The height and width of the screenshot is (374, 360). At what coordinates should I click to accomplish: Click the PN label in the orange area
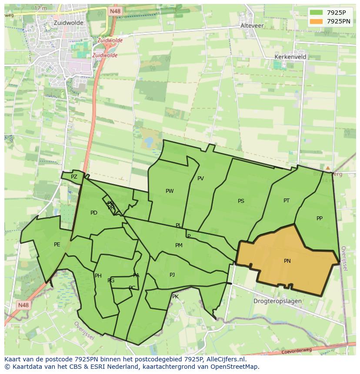[x=287, y=261]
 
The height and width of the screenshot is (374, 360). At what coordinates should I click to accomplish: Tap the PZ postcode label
[x=74, y=177]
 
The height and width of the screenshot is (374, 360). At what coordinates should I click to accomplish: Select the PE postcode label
[x=57, y=245]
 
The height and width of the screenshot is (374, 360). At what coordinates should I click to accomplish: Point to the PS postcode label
[x=241, y=201]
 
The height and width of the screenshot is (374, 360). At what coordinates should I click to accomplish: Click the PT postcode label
[x=286, y=201]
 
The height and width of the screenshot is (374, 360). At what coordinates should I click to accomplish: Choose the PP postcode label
[x=320, y=218]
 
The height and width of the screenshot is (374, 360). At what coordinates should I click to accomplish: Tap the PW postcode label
[x=170, y=191]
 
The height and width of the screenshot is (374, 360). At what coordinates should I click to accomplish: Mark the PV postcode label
[x=200, y=179]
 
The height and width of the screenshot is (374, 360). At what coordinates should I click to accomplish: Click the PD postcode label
[x=94, y=213]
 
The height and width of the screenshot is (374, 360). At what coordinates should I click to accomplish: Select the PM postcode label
[x=179, y=245]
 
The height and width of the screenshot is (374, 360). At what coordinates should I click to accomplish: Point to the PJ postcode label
[x=172, y=275]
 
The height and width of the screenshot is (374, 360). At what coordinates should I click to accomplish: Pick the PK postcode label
[x=175, y=297]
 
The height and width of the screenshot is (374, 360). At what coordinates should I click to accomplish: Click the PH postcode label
[x=98, y=276]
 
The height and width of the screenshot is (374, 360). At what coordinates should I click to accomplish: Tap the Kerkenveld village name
[x=290, y=57]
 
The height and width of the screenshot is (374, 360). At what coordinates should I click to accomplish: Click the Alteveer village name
[x=252, y=26]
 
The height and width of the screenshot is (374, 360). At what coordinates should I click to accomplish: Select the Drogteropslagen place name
[x=278, y=301]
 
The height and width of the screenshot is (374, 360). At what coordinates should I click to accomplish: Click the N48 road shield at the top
[x=115, y=11]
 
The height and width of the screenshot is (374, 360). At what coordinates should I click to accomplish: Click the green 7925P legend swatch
[x=316, y=13]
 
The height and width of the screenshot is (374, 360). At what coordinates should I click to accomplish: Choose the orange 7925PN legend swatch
[x=316, y=21]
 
